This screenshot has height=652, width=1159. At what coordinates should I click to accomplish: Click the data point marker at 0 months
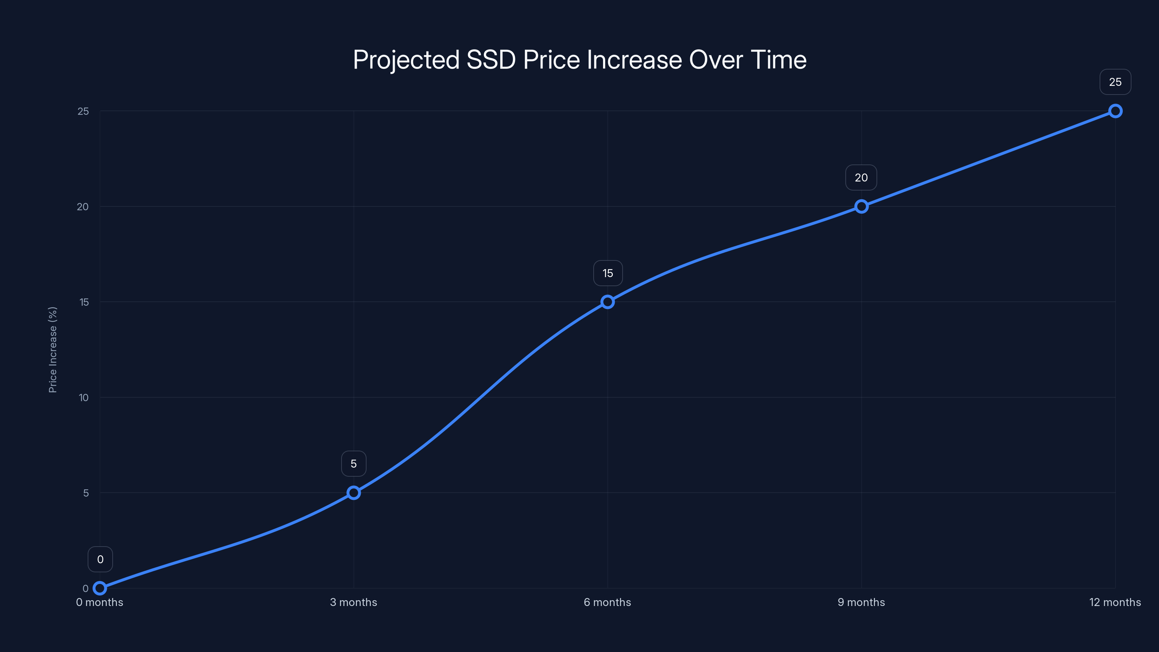coord(100,588)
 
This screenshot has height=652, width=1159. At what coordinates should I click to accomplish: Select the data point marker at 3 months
coord(353,493)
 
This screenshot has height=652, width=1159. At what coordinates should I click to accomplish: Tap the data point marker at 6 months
coord(607,302)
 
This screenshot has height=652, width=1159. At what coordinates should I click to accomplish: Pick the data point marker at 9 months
coord(861,206)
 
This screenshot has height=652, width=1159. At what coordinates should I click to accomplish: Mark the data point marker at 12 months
coord(1115,111)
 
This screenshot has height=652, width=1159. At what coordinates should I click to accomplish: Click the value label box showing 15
coord(607,273)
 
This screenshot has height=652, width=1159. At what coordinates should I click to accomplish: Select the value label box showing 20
coord(861,178)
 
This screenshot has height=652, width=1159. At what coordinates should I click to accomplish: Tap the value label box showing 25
coord(1115,82)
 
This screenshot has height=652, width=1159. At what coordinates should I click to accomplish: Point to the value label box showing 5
coord(353,464)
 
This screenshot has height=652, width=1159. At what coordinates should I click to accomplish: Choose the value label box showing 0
coord(100,559)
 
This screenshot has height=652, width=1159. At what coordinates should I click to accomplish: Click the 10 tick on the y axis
coord(84,397)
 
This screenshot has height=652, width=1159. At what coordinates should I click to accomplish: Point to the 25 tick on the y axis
coord(83,111)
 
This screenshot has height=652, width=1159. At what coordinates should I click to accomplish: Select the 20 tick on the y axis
coord(83,206)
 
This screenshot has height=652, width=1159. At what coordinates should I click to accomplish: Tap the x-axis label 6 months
coord(607,602)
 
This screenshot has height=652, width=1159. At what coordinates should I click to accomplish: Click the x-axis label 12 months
coord(1115,602)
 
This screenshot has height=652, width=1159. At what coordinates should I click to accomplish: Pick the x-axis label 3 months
coord(353,602)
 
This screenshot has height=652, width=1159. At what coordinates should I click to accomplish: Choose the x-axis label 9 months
coord(861,602)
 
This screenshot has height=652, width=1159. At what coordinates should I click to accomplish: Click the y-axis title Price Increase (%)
coord(53,350)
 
